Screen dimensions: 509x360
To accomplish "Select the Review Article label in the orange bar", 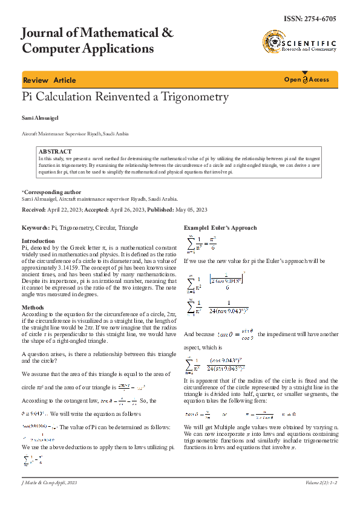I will (49, 80).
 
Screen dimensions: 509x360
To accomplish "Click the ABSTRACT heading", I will (54, 151).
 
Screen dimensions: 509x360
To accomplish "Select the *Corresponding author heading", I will (51, 192).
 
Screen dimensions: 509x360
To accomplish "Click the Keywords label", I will (35, 228).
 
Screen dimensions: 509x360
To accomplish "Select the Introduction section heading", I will (38, 241).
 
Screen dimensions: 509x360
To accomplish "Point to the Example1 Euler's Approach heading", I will (220, 228).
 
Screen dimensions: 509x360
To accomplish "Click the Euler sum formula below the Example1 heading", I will (200, 243).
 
